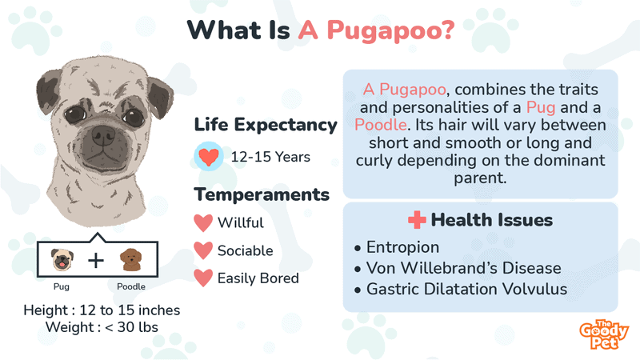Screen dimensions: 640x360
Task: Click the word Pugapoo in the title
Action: tap(390, 31)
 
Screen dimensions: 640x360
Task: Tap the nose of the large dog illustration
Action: tap(103, 135)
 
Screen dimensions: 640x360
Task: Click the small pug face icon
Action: tap(62, 259)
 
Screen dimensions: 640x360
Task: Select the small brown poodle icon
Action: tap(130, 259)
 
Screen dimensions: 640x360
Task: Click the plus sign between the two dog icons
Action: tap(96, 260)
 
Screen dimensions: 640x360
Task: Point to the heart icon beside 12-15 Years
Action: tap(208, 156)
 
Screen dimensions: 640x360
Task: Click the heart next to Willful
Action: tap(203, 223)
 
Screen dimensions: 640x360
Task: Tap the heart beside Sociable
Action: tap(203, 250)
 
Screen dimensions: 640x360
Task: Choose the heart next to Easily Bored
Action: tap(203, 278)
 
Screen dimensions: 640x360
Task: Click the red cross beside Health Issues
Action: tap(417, 220)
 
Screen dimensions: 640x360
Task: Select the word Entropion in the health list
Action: tap(402, 247)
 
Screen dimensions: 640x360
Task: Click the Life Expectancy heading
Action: tap(266, 125)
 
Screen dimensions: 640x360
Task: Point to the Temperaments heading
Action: tap(262, 194)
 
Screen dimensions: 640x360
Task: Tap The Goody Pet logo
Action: tap(604, 334)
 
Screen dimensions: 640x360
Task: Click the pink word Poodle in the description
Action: tap(381, 125)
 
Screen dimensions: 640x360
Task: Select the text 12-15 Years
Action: tap(270, 157)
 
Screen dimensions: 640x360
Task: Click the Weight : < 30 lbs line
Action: tap(102, 327)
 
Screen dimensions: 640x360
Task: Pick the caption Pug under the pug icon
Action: tap(62, 286)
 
